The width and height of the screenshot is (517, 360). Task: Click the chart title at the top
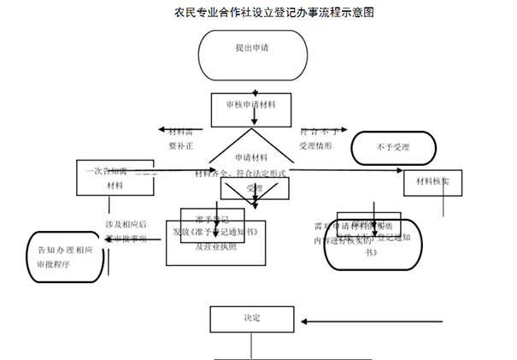[x=259, y=13]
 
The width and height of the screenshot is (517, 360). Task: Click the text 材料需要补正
[x=180, y=139]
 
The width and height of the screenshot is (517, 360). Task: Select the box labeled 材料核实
[x=438, y=182]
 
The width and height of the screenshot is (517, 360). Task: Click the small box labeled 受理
[x=254, y=188]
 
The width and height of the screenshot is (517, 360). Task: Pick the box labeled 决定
[x=250, y=318]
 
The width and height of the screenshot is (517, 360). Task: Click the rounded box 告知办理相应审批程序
[x=65, y=257]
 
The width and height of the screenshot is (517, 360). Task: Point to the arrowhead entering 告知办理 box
[x=107, y=242]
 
